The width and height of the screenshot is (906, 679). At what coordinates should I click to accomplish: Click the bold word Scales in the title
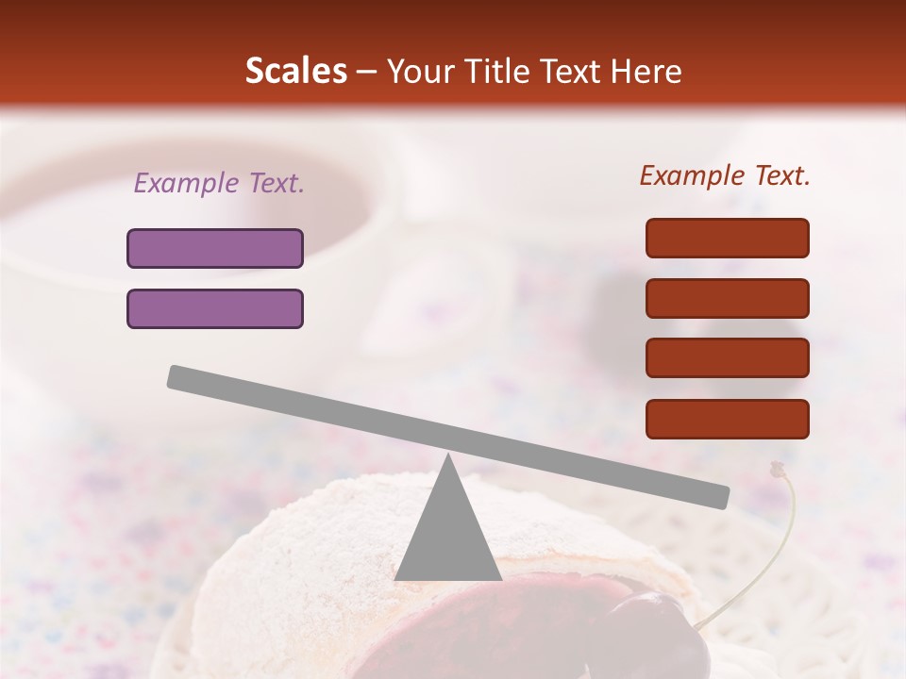[x=295, y=72]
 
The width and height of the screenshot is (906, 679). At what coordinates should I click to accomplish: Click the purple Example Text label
[x=219, y=184]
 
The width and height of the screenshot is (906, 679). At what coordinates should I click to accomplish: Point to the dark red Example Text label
[x=725, y=175]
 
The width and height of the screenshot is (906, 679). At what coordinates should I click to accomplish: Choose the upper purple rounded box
[x=215, y=248]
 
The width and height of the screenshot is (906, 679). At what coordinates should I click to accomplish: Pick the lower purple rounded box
[x=215, y=308]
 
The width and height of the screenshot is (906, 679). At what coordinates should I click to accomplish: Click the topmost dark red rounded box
[x=728, y=238]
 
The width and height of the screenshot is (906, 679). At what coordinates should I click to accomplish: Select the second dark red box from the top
[x=728, y=298]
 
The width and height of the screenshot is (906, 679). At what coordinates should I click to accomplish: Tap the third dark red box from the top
[x=728, y=358]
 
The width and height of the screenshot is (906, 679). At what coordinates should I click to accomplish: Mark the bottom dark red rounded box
[x=728, y=419]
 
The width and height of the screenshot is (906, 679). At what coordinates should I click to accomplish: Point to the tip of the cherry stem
[x=778, y=467]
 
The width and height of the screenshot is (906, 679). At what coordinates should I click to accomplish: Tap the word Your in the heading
[x=420, y=72]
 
